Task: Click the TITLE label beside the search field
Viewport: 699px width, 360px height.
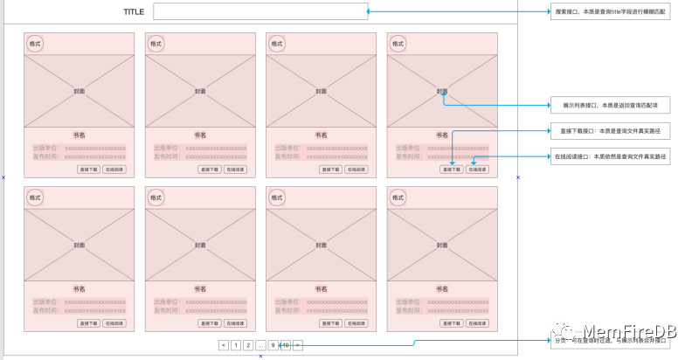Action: click(133, 12)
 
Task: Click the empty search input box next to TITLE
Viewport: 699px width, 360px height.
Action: click(260, 11)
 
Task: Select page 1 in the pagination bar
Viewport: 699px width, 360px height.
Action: click(236, 345)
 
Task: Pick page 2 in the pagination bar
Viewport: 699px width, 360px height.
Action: click(248, 345)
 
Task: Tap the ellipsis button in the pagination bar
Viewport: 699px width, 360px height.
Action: click(260, 345)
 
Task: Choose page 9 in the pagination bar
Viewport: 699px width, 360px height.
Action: click(273, 345)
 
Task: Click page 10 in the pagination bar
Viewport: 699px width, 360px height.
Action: click(286, 345)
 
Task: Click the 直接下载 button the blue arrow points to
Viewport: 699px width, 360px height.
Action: click(452, 170)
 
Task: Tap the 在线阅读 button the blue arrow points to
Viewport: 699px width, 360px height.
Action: click(477, 170)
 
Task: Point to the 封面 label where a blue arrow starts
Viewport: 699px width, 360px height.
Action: click(443, 91)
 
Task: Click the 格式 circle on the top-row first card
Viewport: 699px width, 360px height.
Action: click(35, 44)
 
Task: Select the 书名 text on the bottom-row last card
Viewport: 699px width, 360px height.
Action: click(443, 288)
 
